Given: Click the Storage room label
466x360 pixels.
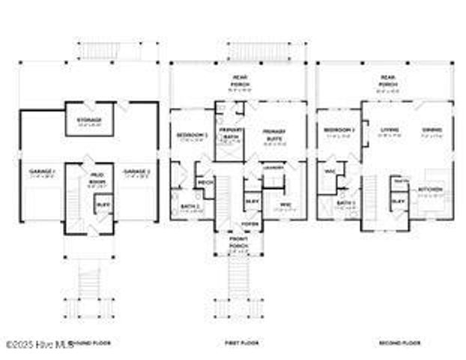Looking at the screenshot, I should [89, 119].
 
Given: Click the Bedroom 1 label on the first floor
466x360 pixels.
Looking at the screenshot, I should [192, 135].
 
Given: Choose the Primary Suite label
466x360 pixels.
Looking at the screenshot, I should [274, 133].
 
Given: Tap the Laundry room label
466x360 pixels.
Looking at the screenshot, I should [273, 167].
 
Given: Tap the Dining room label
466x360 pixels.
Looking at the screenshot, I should [430, 130].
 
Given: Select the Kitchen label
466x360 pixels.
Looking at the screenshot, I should [430, 189].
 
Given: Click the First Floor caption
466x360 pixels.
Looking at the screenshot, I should [241, 343].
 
